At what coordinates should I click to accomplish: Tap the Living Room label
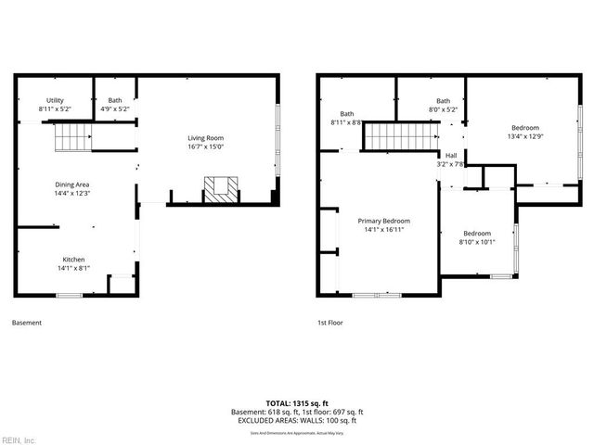(x=205, y=137)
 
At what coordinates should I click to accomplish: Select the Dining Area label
(x=71, y=184)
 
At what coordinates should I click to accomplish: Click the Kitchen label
(x=74, y=259)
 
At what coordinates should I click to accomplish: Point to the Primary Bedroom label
(x=383, y=221)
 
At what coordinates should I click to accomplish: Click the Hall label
(x=450, y=155)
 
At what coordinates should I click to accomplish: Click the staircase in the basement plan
(x=71, y=140)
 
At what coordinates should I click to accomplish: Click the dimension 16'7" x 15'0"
(x=205, y=146)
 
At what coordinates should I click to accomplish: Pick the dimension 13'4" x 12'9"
(x=524, y=137)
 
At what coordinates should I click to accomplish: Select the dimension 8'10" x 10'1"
(x=477, y=242)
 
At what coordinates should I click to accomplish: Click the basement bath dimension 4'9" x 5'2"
(x=115, y=109)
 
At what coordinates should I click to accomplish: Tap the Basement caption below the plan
(x=26, y=324)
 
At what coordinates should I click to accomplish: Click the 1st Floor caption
(x=330, y=324)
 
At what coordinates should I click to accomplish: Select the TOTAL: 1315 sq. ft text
(x=296, y=403)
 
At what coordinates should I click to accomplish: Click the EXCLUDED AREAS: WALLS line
(x=296, y=420)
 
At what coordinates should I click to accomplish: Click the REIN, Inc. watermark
(x=18, y=439)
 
